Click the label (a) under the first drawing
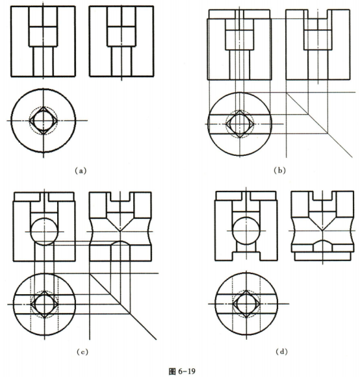(81, 171)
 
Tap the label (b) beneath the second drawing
(279, 171)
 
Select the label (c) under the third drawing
(83, 352)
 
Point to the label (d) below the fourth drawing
(281, 352)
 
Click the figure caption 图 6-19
(182, 372)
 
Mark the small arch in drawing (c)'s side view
(120, 241)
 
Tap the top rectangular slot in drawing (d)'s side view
(322, 200)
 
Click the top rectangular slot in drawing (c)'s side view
(120, 201)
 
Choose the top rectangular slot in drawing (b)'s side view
(318, 18)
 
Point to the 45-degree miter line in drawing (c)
(123, 307)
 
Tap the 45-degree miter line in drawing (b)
(319, 125)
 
